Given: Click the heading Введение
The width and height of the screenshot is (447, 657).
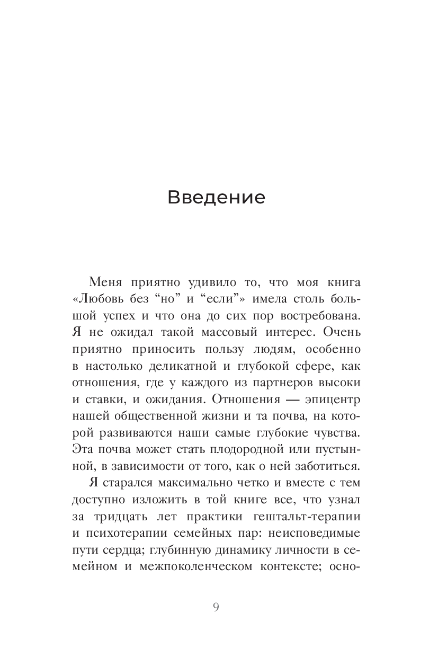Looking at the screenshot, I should point(216,197).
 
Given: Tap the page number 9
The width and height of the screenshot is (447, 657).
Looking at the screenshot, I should point(216,607).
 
